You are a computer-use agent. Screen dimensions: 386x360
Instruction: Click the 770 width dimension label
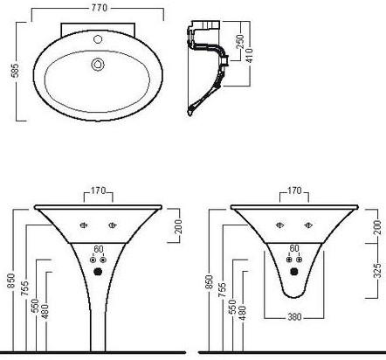(100, 8)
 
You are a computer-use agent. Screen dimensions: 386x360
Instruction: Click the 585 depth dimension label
(15, 71)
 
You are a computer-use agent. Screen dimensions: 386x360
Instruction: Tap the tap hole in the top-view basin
(98, 39)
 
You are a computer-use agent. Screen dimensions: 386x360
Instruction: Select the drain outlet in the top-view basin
(98, 65)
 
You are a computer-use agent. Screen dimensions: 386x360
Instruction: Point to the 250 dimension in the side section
(240, 42)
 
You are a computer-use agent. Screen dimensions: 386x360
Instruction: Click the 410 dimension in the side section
(250, 56)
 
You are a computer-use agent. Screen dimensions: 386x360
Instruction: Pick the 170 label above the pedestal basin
(98, 190)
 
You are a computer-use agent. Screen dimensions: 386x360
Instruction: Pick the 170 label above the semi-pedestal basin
(294, 190)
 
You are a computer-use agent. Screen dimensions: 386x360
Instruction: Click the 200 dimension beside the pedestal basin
(178, 226)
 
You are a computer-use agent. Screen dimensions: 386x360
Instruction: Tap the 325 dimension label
(377, 271)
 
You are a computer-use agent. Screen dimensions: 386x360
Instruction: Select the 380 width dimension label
(294, 317)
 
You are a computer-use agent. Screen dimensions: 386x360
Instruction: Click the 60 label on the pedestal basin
(98, 250)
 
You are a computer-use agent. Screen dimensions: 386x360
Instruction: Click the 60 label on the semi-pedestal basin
(294, 248)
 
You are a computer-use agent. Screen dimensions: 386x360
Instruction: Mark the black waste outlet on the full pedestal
(98, 272)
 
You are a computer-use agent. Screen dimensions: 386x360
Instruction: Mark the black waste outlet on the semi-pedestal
(294, 272)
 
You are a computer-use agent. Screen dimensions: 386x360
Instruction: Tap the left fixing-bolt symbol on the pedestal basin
(84, 225)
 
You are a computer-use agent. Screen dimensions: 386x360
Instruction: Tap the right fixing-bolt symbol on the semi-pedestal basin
(308, 225)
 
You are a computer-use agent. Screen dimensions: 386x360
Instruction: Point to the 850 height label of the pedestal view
(11, 280)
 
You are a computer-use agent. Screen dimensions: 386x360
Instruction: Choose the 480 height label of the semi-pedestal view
(242, 313)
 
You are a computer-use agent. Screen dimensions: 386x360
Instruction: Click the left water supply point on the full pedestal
(93, 260)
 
